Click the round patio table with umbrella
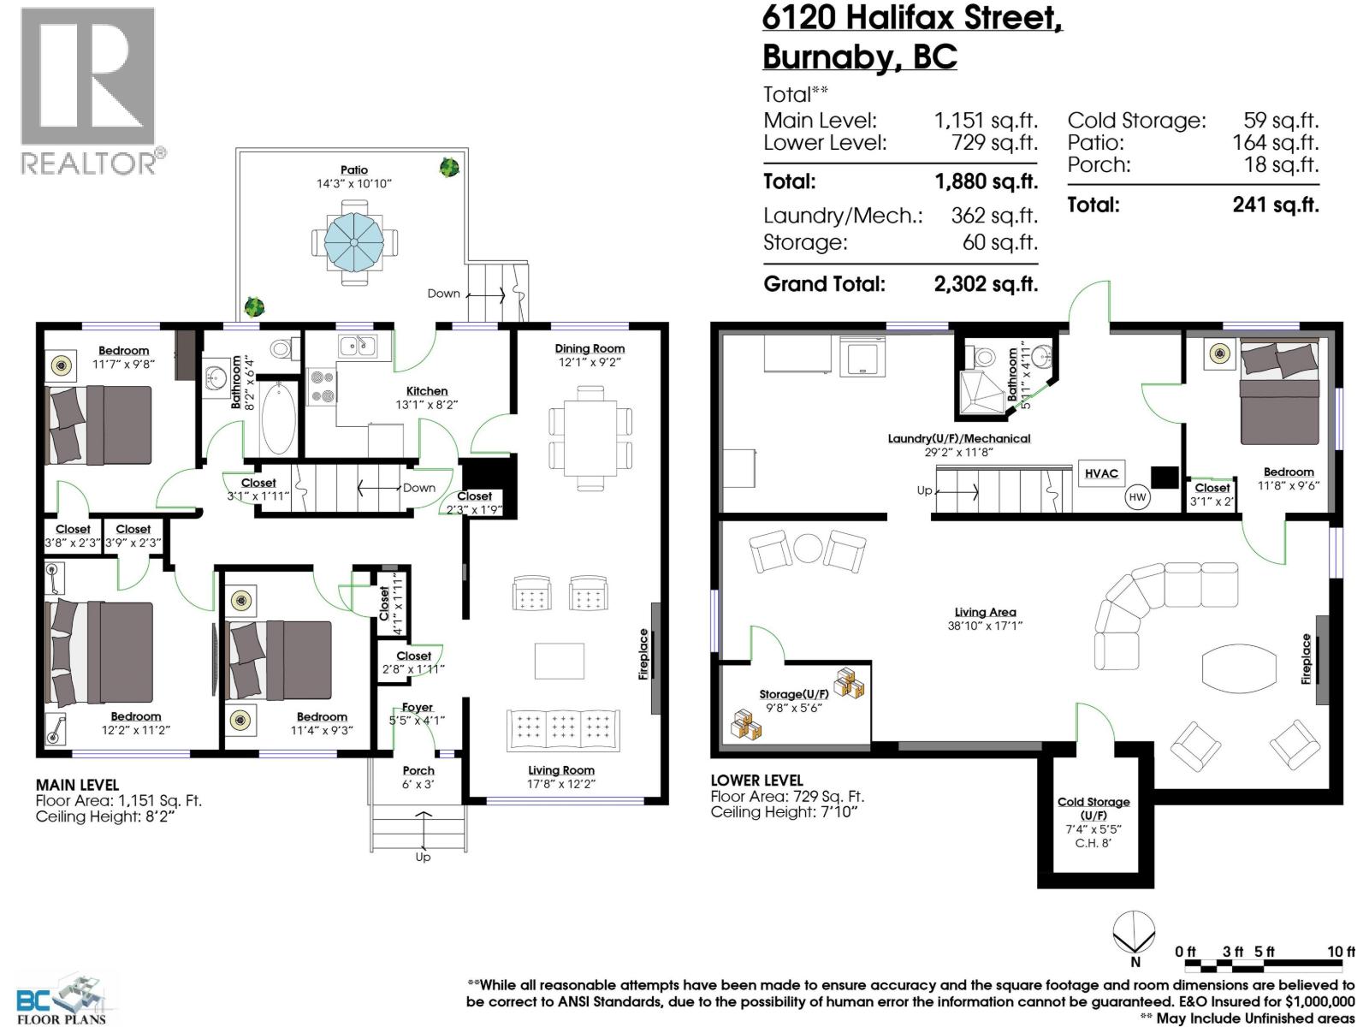pos(354,242)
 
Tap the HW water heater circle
pos(1137,497)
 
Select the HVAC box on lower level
pos(1101,474)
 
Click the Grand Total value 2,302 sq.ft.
pos(986,284)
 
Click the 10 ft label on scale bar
pos(1341,952)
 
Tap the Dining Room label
pos(590,348)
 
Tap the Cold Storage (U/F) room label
pos(1093,808)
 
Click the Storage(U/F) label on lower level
pos(793,694)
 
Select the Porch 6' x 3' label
pos(418,777)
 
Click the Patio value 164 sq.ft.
pos(1275,143)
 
